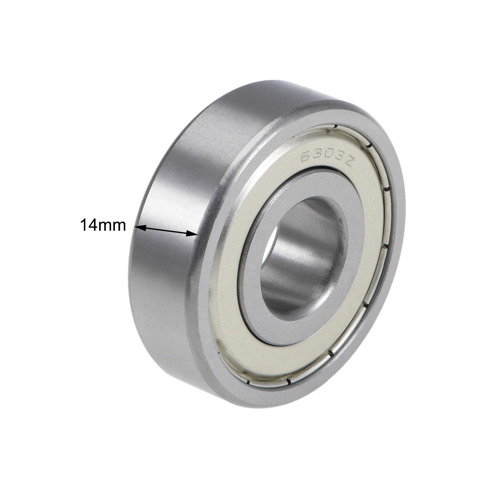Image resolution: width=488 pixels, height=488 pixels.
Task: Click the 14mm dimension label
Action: (103, 225)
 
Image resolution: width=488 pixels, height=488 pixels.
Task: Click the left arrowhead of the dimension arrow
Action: (138, 228)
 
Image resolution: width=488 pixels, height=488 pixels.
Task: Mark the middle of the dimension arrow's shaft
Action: (166, 230)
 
